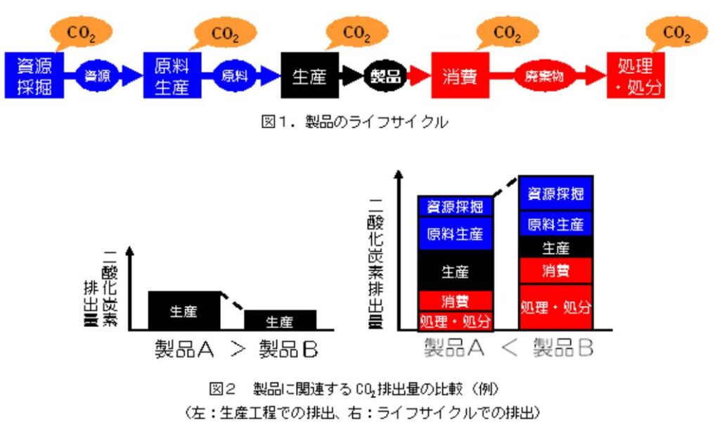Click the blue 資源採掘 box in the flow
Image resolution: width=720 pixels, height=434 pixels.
[x=34, y=75]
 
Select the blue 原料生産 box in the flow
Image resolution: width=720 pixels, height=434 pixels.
[x=172, y=75]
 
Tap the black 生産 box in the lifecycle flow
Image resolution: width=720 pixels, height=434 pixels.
[x=309, y=75]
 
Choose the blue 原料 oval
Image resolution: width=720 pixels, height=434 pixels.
[x=235, y=75]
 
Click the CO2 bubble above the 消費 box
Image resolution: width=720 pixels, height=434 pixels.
[x=507, y=33]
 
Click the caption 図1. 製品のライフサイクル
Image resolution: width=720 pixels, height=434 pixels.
[x=354, y=122]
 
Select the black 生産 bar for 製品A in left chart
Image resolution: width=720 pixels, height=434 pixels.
[x=184, y=310]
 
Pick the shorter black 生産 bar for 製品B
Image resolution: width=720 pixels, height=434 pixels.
[x=280, y=320]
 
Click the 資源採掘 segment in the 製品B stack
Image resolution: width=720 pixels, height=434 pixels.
[x=555, y=193]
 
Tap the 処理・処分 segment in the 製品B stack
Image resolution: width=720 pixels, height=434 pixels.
[x=555, y=307]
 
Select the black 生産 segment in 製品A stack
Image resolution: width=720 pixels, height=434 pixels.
[x=455, y=271]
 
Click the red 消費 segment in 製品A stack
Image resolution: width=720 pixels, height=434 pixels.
[x=455, y=301]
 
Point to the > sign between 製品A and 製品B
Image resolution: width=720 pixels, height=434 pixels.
[x=237, y=349]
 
